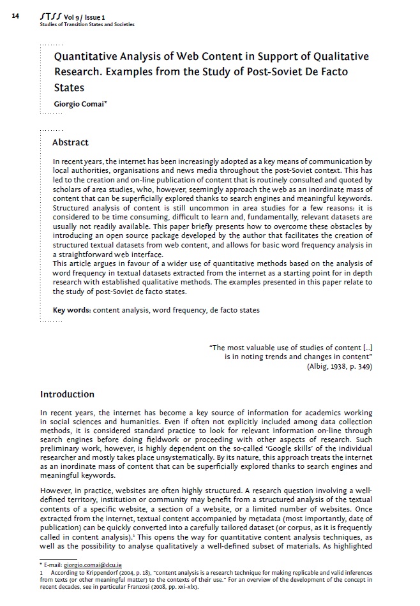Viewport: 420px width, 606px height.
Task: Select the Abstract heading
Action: pyautogui.click(x=70, y=142)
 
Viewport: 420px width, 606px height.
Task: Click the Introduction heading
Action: pyautogui.click(x=67, y=394)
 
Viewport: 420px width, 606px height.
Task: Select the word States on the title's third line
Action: pyautogui.click(x=69, y=87)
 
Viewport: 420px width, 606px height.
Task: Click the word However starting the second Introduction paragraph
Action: pyautogui.click(x=55, y=491)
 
